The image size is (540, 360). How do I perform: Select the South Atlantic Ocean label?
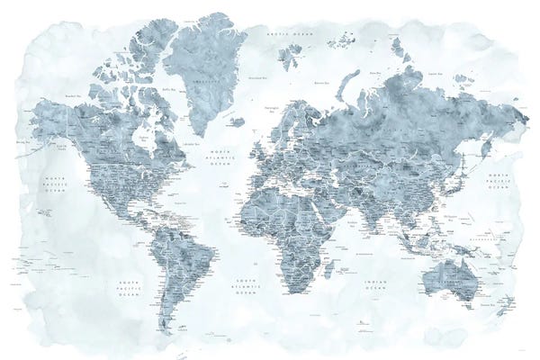pyautogui.click(x=245, y=286)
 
